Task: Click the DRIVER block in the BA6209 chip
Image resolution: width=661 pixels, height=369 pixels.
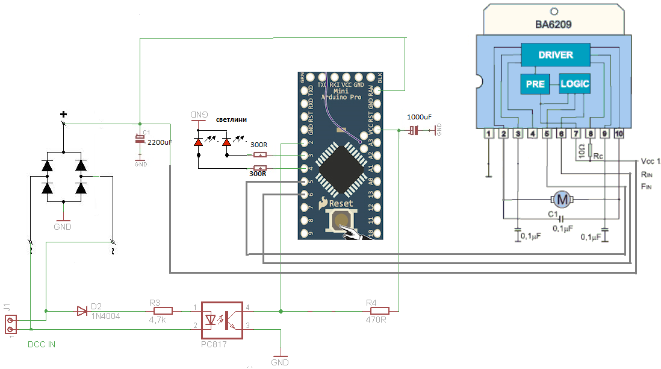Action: [x=555, y=55]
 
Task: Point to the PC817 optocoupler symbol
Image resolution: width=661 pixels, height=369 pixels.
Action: [x=222, y=320]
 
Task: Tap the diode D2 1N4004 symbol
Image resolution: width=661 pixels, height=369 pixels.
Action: [x=82, y=311]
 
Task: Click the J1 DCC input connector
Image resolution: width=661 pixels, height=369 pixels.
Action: [x=10, y=325]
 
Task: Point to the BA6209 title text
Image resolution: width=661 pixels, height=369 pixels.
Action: [x=553, y=25]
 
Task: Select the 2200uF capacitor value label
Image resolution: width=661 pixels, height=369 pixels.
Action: [x=160, y=142]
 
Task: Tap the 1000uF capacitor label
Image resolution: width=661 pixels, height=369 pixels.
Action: [x=419, y=116]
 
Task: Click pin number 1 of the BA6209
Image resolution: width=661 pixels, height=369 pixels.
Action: [x=489, y=133]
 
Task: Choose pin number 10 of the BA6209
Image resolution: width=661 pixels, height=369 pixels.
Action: [x=619, y=133]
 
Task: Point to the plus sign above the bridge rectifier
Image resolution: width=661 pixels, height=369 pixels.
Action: [x=63, y=115]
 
